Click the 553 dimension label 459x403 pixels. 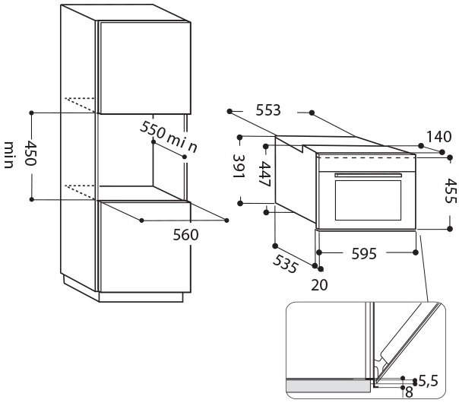pyautogui.click(x=268, y=110)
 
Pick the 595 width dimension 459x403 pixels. pyautogui.click(x=364, y=254)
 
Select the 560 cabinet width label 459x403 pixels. pyautogui.click(x=185, y=235)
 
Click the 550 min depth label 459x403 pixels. pyautogui.click(x=169, y=137)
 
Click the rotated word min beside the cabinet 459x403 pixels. pyautogui.click(x=10, y=155)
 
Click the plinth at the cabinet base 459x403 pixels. pyautogui.click(x=141, y=295)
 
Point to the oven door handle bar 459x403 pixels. pyautogui.click(x=367, y=176)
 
